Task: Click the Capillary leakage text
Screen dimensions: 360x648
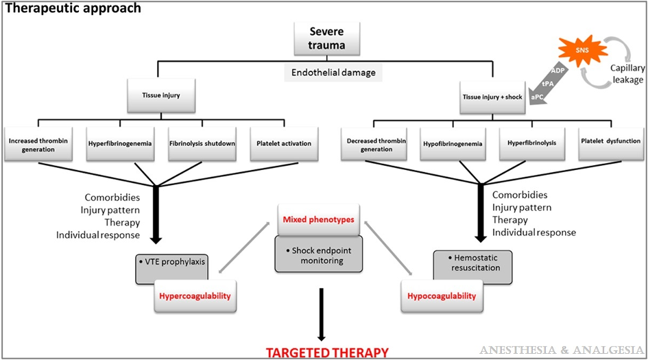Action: point(627,74)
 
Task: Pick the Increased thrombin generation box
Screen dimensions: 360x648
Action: point(38,144)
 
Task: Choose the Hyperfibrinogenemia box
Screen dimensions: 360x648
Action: point(119,144)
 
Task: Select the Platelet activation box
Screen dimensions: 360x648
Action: point(283,144)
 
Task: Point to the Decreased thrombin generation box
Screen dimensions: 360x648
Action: point(374,144)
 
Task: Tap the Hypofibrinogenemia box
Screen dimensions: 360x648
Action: point(453,144)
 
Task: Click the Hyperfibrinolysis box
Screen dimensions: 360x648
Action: point(532,144)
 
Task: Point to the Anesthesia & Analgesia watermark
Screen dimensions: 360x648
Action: point(562,351)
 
